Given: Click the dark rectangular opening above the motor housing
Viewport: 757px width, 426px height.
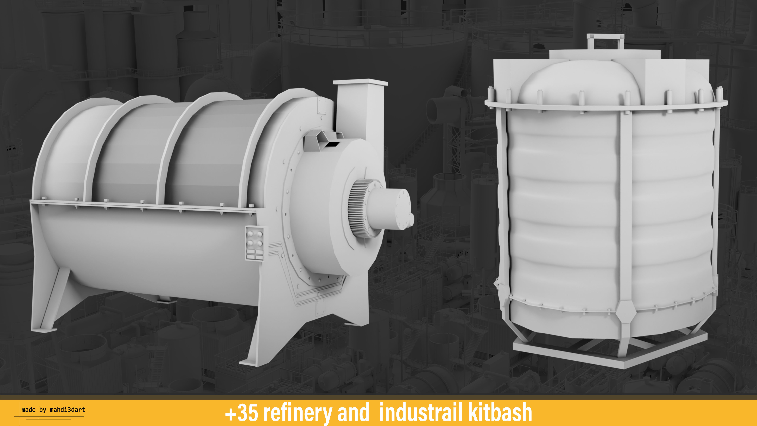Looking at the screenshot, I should coord(332,144).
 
